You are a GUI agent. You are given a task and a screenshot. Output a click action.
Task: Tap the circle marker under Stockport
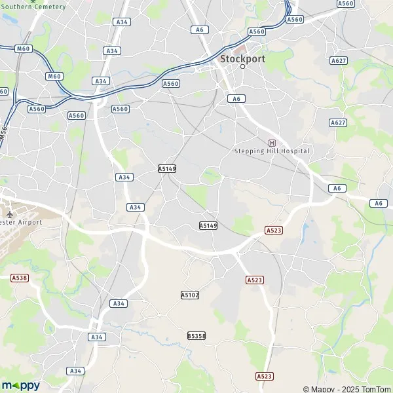(242, 67)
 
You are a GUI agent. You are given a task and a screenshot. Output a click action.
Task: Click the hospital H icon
(272, 142)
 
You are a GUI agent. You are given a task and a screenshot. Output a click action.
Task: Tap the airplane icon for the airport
(9, 214)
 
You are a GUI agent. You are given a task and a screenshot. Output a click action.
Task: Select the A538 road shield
(20, 278)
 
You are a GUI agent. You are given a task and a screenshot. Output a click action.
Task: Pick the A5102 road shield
(189, 295)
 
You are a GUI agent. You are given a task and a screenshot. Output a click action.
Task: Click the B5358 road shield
(196, 335)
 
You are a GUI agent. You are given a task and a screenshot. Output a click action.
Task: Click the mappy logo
(20, 385)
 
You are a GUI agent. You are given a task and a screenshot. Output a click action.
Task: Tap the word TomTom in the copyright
(375, 389)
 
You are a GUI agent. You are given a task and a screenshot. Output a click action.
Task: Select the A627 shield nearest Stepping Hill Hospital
(338, 122)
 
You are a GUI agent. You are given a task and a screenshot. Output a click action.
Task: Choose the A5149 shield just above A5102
(208, 225)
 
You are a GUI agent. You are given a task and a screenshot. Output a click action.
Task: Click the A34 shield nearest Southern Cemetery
(121, 22)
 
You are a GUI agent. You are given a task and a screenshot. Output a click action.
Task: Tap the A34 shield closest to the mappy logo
(76, 371)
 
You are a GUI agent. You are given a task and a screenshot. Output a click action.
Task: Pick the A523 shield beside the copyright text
(264, 376)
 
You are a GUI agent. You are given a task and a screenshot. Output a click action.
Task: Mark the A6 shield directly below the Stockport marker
(236, 98)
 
